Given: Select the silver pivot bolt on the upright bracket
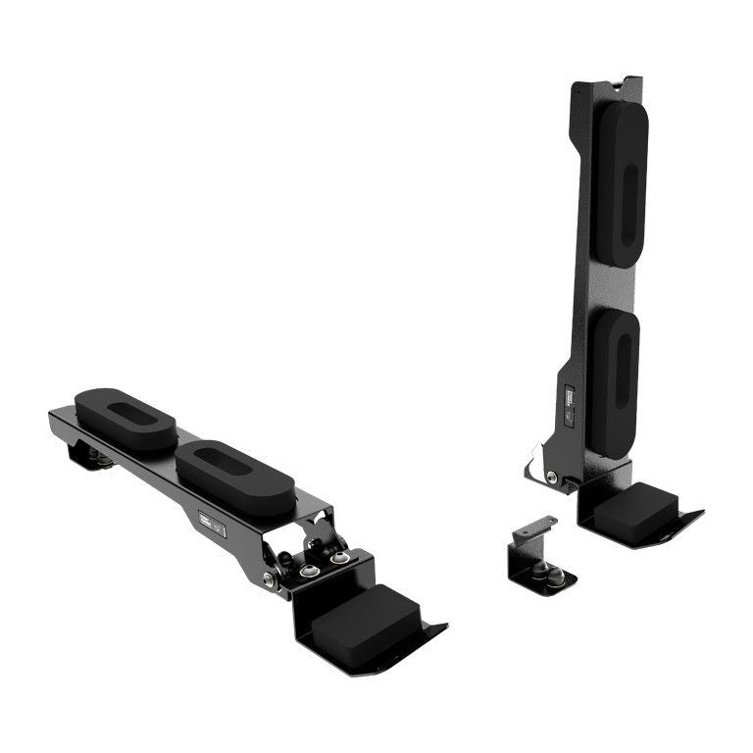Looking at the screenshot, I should click(552, 477).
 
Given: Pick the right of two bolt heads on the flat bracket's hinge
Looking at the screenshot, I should click(339, 557).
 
